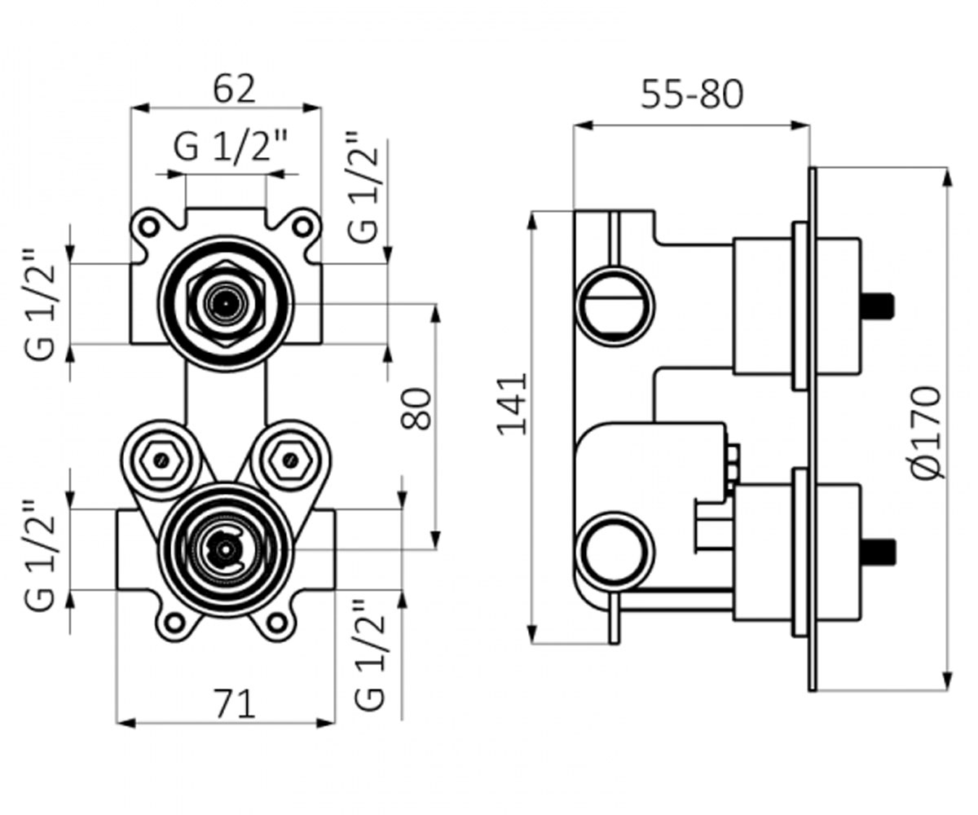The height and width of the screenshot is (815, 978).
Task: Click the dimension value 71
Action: point(236,704)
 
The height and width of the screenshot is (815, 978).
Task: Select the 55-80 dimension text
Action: point(692,95)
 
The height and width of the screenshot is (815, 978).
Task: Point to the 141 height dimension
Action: point(513,403)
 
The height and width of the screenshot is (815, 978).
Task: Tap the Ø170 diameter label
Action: point(927,432)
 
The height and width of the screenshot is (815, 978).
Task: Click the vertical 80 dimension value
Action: point(416,408)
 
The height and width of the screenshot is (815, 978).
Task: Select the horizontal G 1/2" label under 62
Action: point(231,147)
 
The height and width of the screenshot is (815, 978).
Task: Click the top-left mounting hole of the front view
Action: point(149,227)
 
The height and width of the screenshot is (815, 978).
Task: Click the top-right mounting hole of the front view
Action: point(302,227)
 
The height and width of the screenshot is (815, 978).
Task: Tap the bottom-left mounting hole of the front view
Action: point(174,623)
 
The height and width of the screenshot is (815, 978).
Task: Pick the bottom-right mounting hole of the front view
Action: point(277,623)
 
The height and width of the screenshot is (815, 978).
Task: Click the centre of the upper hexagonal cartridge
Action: point(226,304)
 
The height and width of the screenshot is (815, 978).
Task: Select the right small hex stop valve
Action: point(290,460)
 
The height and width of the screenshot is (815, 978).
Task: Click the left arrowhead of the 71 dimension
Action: point(126,724)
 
